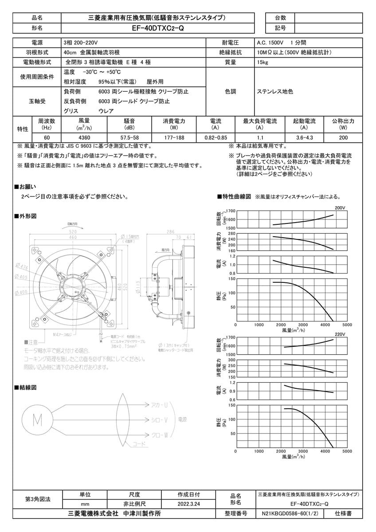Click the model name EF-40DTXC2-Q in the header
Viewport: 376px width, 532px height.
(x=158, y=27)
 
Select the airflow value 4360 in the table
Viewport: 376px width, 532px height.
(x=84, y=138)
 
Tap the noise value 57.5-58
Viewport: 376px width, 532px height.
(x=129, y=138)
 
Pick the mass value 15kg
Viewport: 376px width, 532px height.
(x=262, y=63)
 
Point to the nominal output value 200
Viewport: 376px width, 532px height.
(x=343, y=138)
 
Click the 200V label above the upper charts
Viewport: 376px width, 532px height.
(x=340, y=207)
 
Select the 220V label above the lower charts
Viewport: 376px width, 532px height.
(x=340, y=334)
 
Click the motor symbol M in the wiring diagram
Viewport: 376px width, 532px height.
(x=38, y=419)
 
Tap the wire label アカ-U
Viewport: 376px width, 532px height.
(x=159, y=405)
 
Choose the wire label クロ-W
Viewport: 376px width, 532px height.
(x=159, y=435)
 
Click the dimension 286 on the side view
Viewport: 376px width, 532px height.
(x=170, y=232)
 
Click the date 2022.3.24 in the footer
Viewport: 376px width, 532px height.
(x=189, y=504)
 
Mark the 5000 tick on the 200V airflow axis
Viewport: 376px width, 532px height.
(x=347, y=325)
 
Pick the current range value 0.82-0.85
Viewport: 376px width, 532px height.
(x=215, y=138)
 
